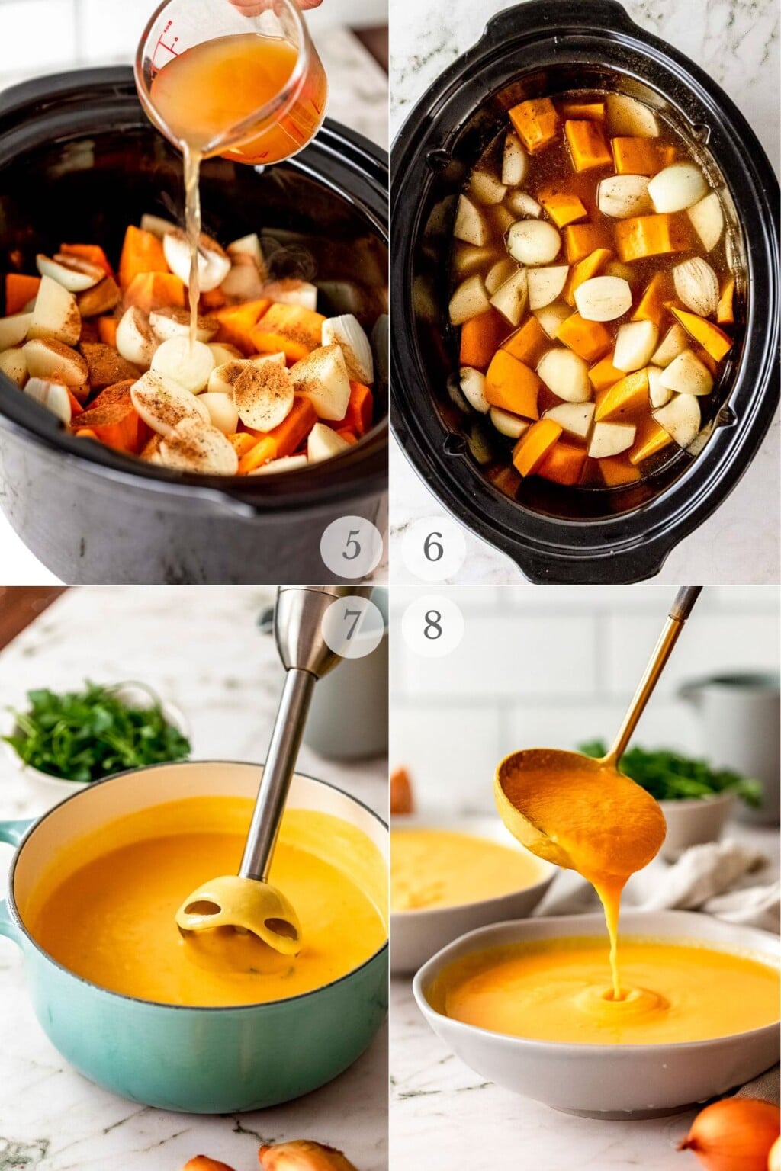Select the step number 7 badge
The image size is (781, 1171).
(351, 627)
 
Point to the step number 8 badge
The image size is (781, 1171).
(432, 627)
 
